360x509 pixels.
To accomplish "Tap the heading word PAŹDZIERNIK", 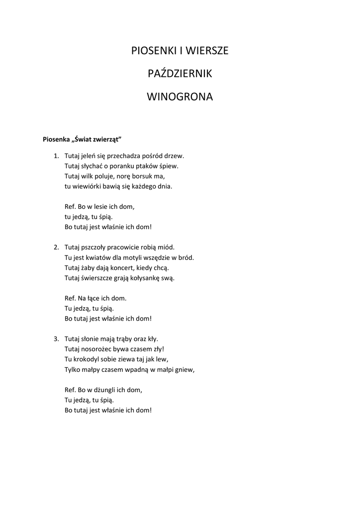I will [180, 74].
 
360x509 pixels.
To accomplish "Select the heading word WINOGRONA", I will [180, 97].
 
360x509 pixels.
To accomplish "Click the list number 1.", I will [56, 156].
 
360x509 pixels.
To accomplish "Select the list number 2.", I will [56, 247].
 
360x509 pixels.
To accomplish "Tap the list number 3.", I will [56, 339].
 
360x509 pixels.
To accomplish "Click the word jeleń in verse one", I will [90, 156].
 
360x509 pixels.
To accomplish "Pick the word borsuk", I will [144, 176].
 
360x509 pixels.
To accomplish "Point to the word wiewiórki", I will [88, 186].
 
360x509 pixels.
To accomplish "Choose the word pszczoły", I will [96, 247].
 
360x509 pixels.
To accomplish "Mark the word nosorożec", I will [99, 349].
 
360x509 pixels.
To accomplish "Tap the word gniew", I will [183, 369].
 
